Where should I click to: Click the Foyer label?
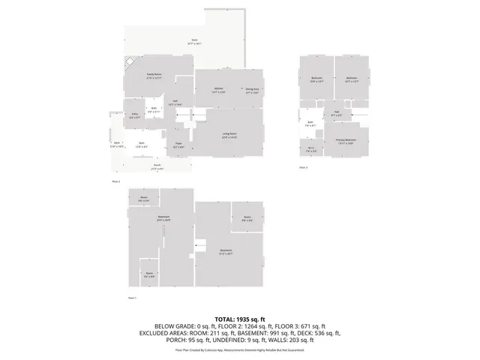click(178, 145)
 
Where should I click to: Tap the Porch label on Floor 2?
click(157, 166)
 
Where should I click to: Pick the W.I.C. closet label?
click(311, 150)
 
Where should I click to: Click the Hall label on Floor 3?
click(337, 115)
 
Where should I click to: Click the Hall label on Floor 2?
click(174, 103)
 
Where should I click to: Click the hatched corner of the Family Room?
click(130, 64)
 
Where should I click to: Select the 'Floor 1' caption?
click(132, 298)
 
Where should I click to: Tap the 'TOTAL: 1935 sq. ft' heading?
click(240, 319)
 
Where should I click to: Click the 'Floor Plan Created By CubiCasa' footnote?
click(240, 349)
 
